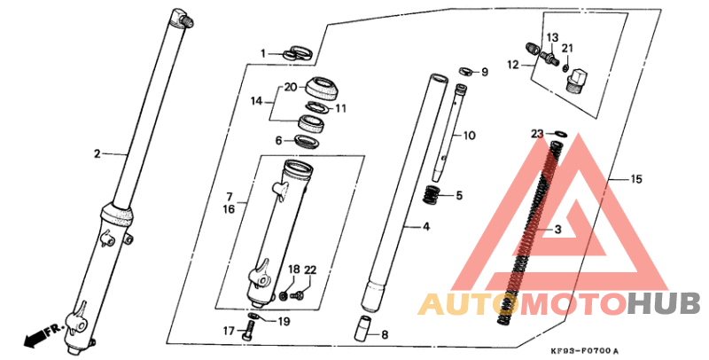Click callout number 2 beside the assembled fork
[97, 154]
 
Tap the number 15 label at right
[636, 179]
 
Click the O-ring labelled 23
[560, 134]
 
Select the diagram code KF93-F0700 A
[585, 351]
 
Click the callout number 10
[470, 136]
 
